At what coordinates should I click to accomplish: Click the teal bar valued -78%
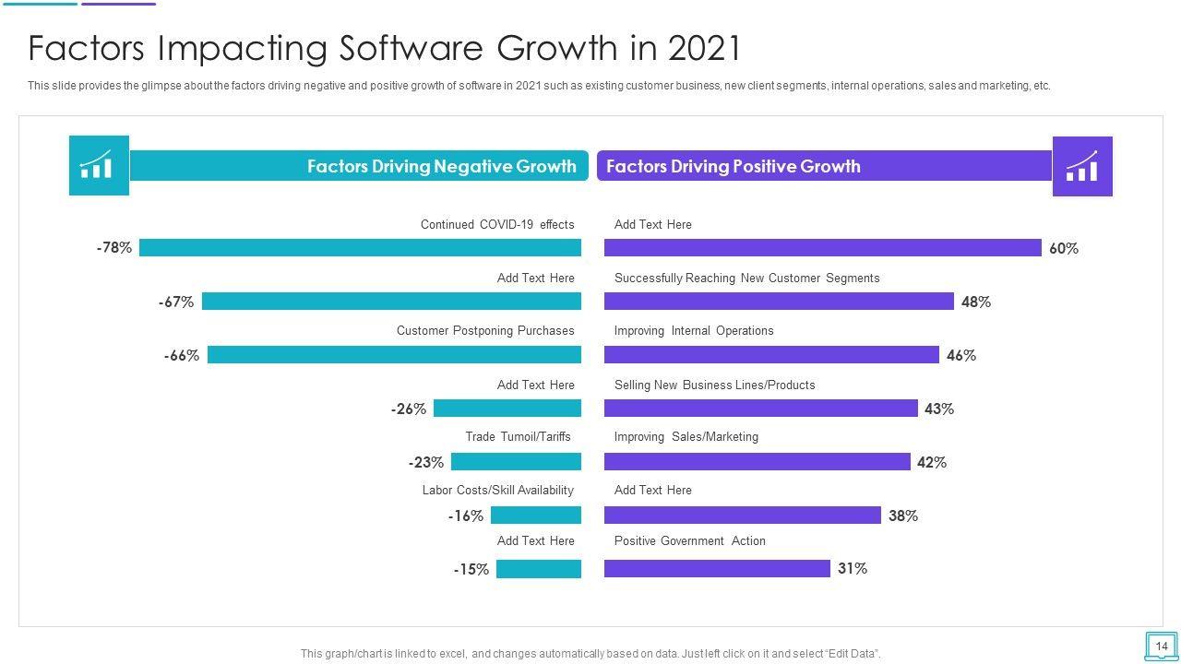coord(360,247)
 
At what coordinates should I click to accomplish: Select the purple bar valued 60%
coord(822,247)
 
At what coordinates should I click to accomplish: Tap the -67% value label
coord(175,302)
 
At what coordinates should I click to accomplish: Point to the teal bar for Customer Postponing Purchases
coord(394,355)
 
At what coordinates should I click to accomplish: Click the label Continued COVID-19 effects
coord(497,224)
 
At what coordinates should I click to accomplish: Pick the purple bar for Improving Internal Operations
coord(771,355)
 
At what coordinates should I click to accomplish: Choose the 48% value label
coord(975,302)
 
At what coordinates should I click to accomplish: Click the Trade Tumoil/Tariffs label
coord(518,436)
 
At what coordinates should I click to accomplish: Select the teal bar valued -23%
coord(516,462)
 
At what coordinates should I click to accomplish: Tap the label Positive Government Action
coord(689,541)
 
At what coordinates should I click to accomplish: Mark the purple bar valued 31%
coord(717,569)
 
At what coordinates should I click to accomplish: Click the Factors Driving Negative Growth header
coord(441,166)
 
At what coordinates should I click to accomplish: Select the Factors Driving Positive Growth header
coord(733,166)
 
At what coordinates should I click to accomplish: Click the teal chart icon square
coord(99,166)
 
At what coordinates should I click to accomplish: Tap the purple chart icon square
coord(1082,166)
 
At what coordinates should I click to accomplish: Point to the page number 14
coord(1161,646)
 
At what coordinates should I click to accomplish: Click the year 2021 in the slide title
coord(704,48)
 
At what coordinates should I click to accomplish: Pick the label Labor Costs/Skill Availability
coord(497,490)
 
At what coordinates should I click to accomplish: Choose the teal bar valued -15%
coord(539,569)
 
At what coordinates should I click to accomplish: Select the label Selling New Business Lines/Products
coord(714,385)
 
